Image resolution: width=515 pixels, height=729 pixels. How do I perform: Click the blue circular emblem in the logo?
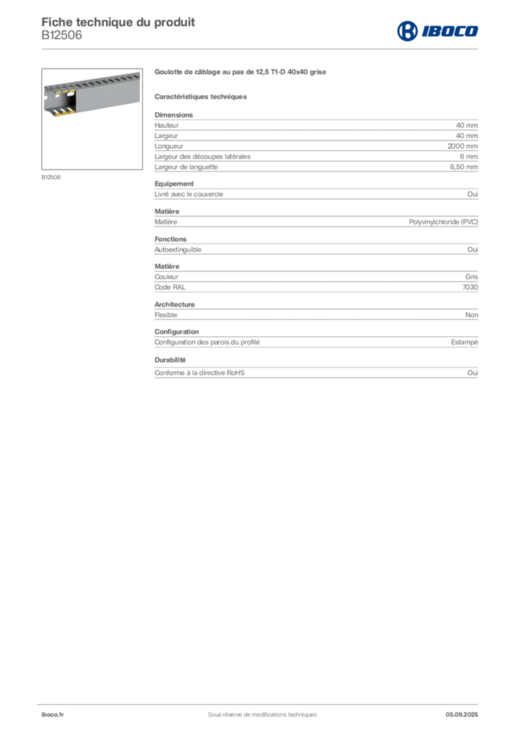click(406, 31)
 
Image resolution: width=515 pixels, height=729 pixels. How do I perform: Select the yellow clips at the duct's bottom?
click(64, 112)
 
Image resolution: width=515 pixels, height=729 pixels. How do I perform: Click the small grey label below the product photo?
click(51, 177)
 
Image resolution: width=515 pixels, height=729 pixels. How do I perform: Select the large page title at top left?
click(118, 20)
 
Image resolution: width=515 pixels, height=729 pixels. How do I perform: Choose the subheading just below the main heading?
click(201, 96)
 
